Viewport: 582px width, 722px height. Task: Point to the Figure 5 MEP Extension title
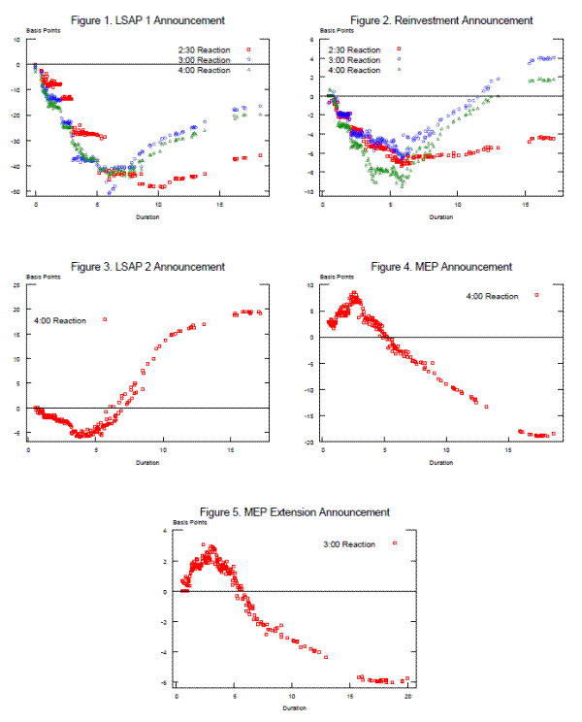coord(294,511)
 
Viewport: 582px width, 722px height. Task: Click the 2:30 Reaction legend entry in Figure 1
coord(212,49)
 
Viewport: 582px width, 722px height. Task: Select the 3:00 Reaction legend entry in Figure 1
coord(212,60)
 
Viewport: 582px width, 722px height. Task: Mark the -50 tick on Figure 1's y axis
coord(18,193)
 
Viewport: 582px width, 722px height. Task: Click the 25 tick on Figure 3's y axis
coord(19,285)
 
